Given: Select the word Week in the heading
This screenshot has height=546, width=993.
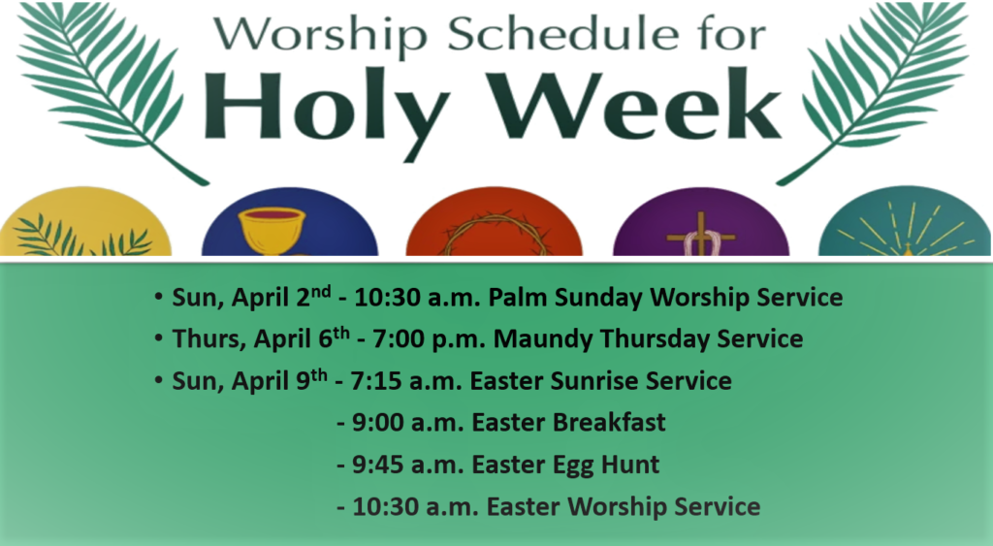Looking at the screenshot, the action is [x=636, y=105].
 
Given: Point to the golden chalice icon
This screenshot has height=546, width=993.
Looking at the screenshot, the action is [x=272, y=231].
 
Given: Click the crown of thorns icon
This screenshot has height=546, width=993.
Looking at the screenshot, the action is [x=494, y=235].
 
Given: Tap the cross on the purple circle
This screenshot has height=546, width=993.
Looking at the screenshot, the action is [x=700, y=235].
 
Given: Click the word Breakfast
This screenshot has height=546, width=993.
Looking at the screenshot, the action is [x=609, y=423].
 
